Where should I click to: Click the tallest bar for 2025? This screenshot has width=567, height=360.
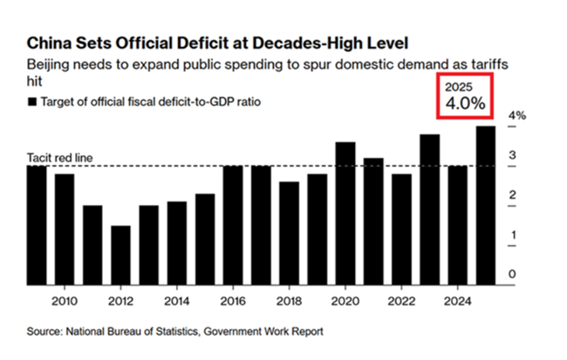[x=486, y=204]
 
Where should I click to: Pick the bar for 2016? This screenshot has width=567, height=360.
[x=233, y=224]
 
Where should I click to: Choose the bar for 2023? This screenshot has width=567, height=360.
[x=429, y=208]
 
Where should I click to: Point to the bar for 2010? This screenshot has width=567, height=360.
[x=65, y=228]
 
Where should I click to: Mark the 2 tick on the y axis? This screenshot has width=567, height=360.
[x=513, y=195]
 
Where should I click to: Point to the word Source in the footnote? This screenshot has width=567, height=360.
[x=47, y=331]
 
